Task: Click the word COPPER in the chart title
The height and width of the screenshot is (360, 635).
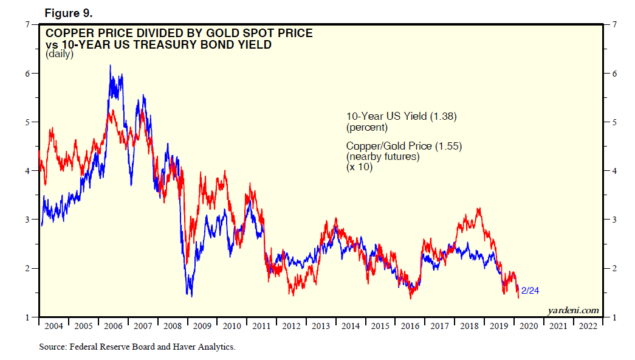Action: click(70, 33)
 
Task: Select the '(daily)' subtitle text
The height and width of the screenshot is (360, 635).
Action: click(59, 54)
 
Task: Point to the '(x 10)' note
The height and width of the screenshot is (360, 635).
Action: click(359, 167)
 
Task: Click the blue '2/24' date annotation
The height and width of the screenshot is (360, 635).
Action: click(530, 291)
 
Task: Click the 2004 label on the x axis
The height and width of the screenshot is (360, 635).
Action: click(54, 325)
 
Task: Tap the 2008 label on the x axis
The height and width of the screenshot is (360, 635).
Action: click(173, 325)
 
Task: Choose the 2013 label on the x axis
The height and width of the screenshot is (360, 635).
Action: click(321, 325)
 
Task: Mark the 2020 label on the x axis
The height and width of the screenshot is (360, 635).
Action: click(529, 325)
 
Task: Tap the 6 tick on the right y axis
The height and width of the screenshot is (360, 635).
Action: click(615, 73)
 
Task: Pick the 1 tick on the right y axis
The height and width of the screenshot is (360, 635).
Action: click(615, 317)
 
